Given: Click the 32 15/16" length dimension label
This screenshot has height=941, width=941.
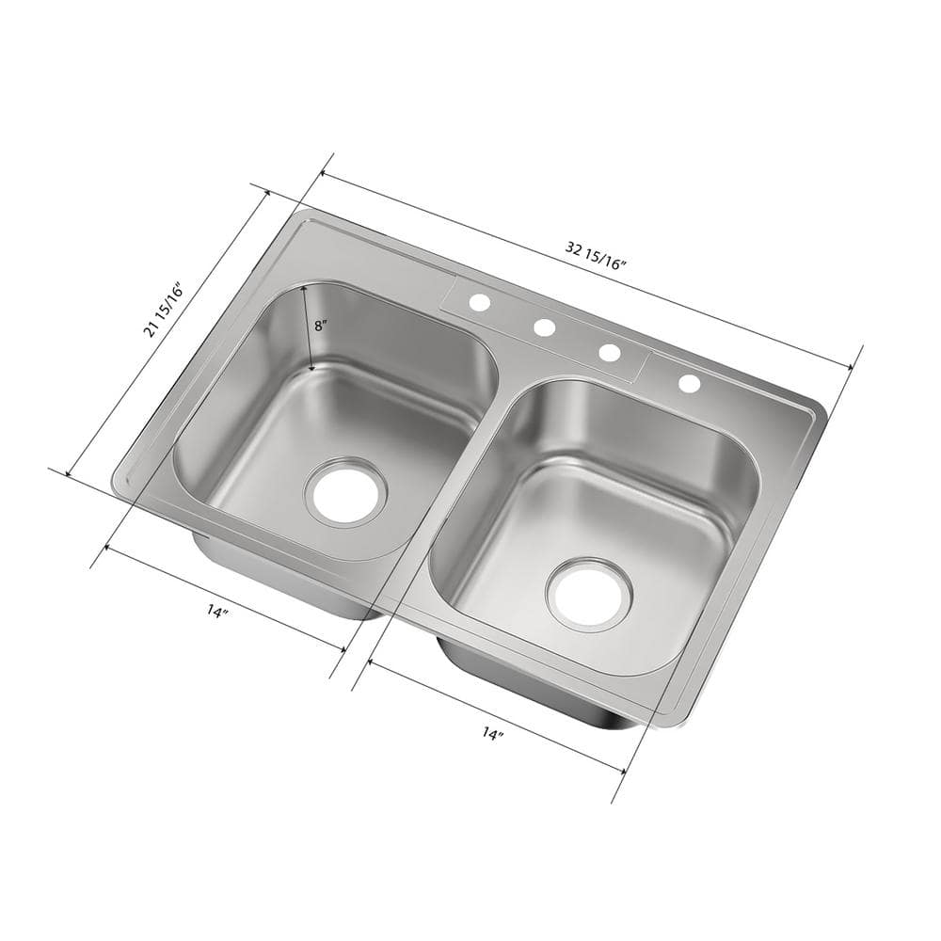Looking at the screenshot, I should [x=596, y=255].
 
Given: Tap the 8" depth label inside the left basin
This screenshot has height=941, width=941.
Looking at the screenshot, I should [x=321, y=326].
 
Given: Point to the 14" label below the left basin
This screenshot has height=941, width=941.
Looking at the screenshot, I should [x=217, y=612].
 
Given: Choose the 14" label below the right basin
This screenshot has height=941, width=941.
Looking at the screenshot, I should [x=492, y=732].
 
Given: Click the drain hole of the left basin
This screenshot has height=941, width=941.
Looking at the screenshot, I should [x=345, y=491].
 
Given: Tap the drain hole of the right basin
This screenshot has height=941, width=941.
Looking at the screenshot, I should [x=589, y=594].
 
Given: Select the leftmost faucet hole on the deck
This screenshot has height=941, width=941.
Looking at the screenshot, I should [x=480, y=303].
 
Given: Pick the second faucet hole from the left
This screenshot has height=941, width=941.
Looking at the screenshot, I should [x=544, y=327].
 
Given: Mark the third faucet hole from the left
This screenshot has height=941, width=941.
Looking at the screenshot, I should [x=609, y=353].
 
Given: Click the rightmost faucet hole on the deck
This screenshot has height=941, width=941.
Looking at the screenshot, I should [x=689, y=383].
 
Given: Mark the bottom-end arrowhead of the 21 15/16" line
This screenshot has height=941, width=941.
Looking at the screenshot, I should [x=69, y=470].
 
